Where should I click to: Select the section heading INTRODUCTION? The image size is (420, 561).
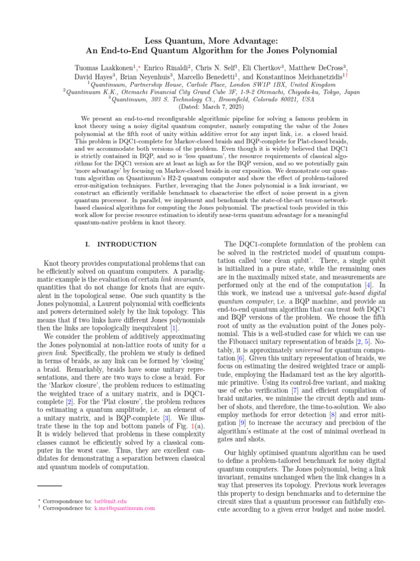click(126, 244)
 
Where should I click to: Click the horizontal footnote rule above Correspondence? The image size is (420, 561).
click(49, 485)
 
